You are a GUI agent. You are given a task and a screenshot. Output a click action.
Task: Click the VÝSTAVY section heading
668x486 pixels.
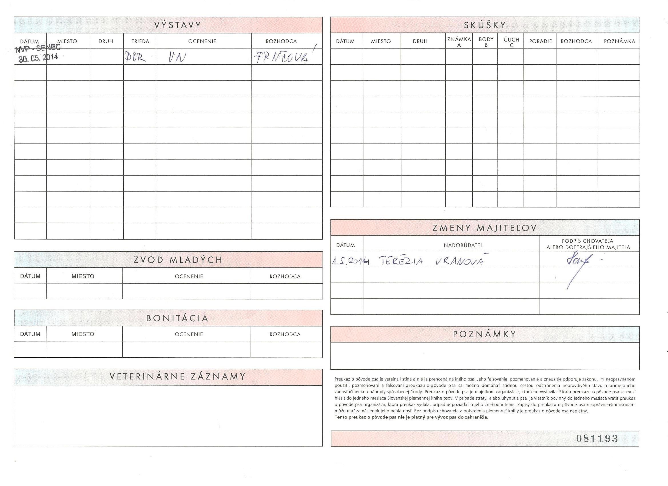click(x=178, y=25)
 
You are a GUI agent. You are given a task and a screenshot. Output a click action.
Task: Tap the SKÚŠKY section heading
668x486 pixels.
click(x=485, y=25)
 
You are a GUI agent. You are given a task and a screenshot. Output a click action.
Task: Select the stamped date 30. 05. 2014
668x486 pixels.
click(x=38, y=57)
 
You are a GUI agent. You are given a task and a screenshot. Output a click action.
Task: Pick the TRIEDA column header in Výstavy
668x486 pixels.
click(x=140, y=41)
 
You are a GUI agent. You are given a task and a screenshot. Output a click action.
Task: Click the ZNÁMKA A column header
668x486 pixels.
click(x=459, y=42)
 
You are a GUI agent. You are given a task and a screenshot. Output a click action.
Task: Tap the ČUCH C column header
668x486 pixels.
click(x=511, y=42)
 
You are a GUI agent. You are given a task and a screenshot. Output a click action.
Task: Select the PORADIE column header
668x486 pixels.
click(x=541, y=41)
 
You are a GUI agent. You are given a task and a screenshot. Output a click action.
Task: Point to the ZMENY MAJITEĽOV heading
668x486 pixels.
click(x=485, y=228)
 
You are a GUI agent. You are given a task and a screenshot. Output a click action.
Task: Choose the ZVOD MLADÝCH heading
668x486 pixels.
click(x=178, y=260)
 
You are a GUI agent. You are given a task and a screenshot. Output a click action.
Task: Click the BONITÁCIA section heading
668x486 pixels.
click(x=177, y=318)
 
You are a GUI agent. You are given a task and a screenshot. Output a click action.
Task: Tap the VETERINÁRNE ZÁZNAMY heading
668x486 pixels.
click(x=178, y=377)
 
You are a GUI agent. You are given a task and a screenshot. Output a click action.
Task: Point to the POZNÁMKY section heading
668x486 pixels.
click(x=485, y=334)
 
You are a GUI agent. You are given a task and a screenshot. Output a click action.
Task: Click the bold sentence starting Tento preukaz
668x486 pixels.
click(x=411, y=417)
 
